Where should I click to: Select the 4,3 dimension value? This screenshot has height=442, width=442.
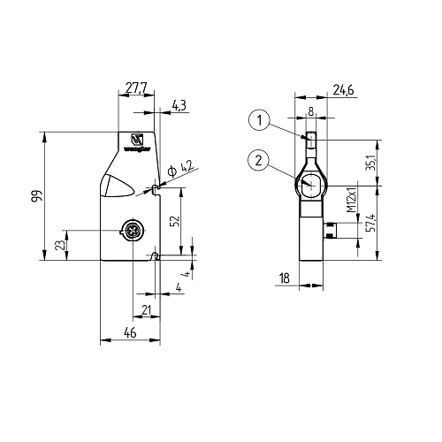tap(179, 106)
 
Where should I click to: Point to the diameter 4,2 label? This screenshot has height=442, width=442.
tap(187, 166)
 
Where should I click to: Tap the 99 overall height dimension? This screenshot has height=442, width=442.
tap(35, 197)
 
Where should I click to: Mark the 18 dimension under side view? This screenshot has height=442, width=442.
tap(284, 278)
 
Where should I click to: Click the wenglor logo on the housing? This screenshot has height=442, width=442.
tap(138, 143)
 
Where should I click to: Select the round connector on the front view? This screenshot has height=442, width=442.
tap(131, 232)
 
